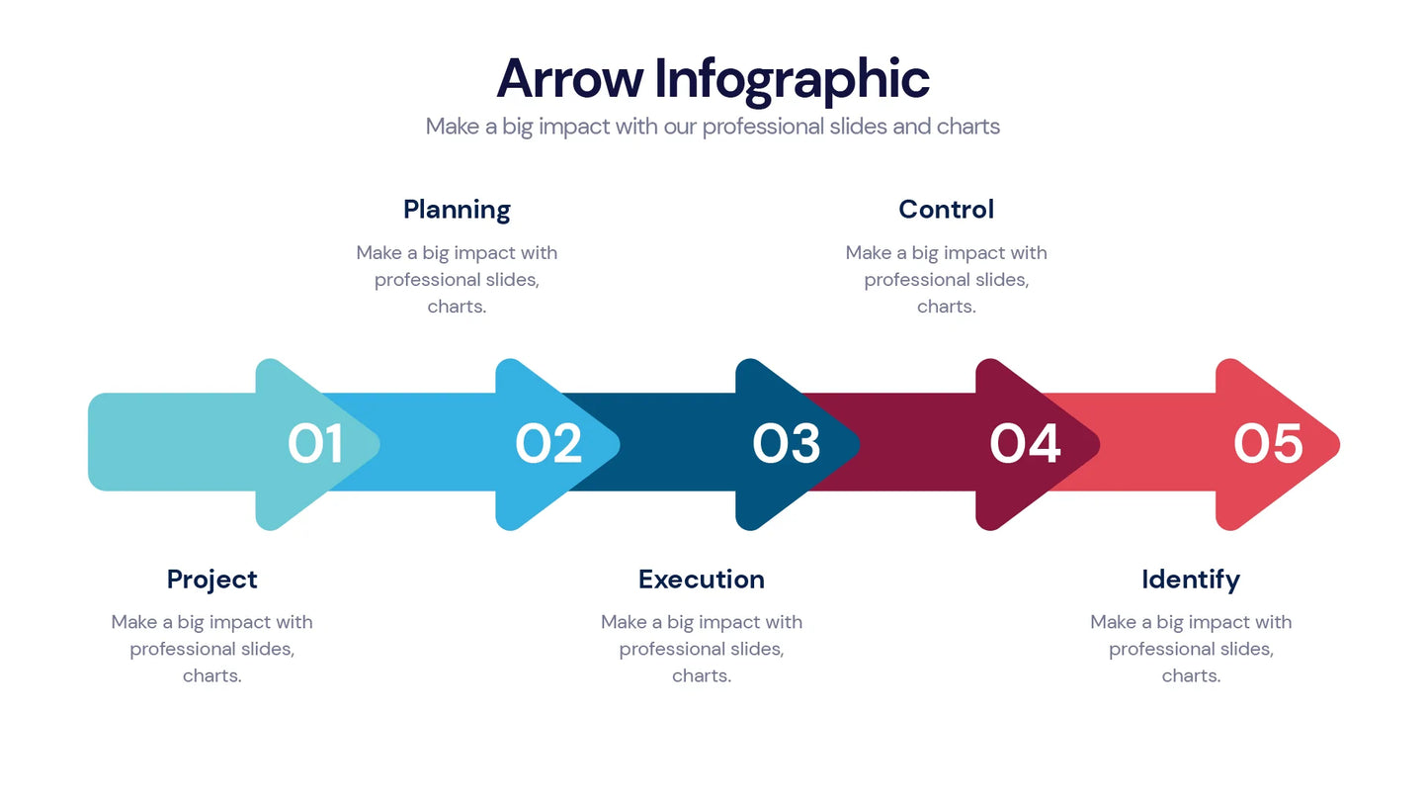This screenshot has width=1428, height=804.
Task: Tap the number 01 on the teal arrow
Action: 315,444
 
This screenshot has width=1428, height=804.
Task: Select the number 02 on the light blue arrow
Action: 548,444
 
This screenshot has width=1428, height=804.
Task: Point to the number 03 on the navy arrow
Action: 786,444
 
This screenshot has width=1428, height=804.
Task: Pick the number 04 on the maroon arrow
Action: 1025,444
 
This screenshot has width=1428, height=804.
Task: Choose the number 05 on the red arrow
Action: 1268,444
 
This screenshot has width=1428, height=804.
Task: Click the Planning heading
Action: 457,210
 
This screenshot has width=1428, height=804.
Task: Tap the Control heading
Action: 946,210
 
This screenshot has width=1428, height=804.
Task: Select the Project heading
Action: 211,580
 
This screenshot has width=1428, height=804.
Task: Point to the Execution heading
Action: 701,580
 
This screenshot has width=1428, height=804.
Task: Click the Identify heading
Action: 1190,580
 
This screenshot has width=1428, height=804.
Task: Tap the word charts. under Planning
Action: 457,307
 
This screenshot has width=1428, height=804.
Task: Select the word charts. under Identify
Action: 1191,676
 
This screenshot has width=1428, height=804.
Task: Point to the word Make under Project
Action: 133,622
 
